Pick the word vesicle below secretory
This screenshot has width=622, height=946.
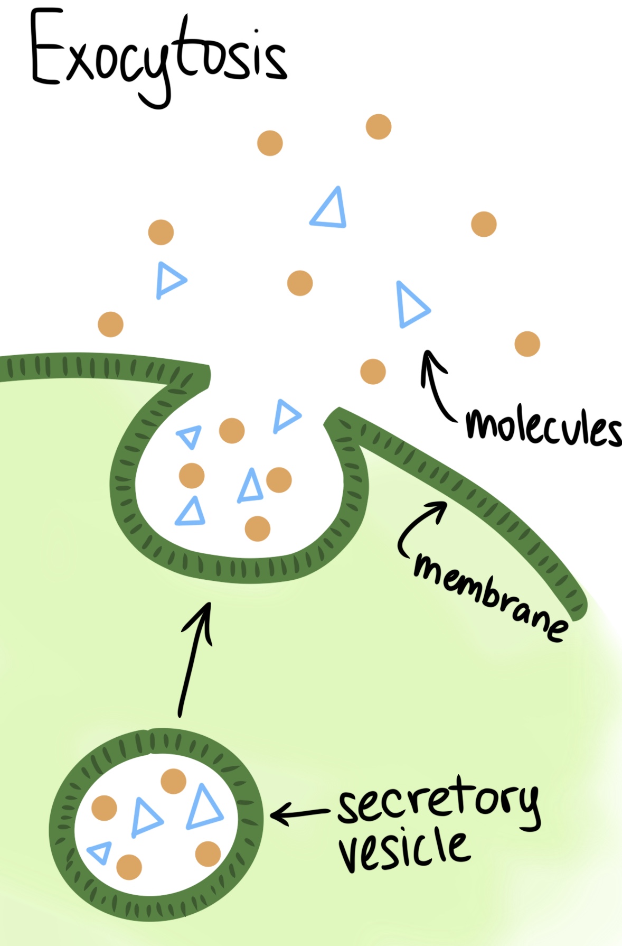coord(404,848)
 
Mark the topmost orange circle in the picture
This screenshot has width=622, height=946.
coord(379,127)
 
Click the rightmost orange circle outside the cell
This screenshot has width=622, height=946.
coord(527,344)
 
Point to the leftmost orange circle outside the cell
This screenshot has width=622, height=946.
coord(110,324)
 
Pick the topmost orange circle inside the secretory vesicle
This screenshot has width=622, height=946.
coord(173,781)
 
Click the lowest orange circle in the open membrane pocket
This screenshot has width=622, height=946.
coord(258,528)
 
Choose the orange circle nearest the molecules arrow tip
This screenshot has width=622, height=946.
coord(373,371)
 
